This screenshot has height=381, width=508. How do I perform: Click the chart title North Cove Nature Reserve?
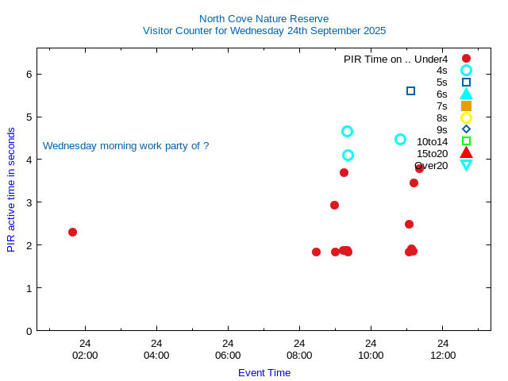click(264, 18)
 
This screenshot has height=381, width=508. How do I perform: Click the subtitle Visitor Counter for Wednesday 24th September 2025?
click(264, 31)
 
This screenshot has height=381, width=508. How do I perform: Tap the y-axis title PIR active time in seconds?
click(11, 189)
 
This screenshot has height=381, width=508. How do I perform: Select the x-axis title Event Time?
click(264, 372)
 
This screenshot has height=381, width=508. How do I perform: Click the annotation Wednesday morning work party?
click(125, 146)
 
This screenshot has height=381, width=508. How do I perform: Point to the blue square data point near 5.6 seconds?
click(410, 90)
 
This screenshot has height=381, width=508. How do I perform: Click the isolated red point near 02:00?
click(72, 232)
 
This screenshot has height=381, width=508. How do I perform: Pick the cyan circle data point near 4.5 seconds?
click(401, 139)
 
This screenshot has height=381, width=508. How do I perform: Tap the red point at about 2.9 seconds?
click(334, 205)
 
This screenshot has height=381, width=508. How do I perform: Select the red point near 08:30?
click(316, 252)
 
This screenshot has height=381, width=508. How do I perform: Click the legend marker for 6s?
click(466, 94)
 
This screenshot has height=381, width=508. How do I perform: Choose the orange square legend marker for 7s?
click(466, 106)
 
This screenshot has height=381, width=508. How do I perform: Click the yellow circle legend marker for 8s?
click(466, 117)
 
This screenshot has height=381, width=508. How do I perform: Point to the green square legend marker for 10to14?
click(466, 141)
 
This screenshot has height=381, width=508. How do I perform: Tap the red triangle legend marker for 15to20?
click(466, 153)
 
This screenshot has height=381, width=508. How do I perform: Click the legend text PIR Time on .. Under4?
click(395, 59)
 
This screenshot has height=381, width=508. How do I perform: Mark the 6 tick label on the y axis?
click(29, 74)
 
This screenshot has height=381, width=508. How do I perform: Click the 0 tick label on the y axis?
click(29, 330)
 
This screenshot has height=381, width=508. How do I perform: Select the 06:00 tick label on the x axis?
click(228, 355)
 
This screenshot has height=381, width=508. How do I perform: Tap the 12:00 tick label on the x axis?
click(443, 355)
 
